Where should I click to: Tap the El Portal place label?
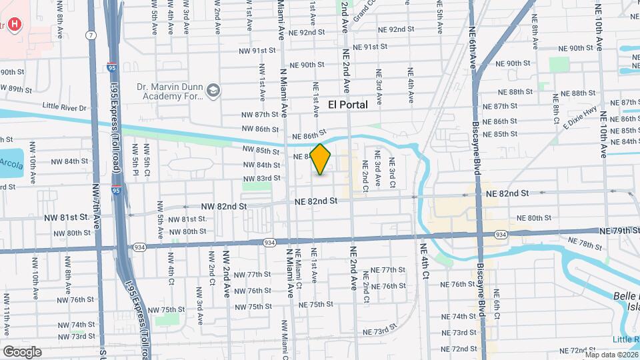coord(348,105)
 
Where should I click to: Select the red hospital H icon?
coord(14,24)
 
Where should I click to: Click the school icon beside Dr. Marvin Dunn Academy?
coord(213,91)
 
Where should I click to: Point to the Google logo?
coord(22,351)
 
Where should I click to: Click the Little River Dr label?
coord(65,107)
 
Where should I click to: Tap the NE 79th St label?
coord(619,231)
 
